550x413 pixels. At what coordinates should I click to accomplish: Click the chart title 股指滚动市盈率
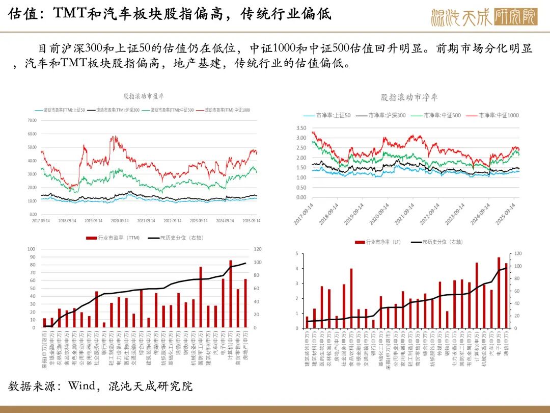(x=144, y=96)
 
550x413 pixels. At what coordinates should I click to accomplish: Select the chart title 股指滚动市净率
(x=409, y=97)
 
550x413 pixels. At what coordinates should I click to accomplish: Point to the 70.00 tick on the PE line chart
(x=32, y=120)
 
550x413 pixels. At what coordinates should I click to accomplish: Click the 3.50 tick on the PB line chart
(x=301, y=128)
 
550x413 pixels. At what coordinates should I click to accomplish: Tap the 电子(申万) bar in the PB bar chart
(x=499, y=293)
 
